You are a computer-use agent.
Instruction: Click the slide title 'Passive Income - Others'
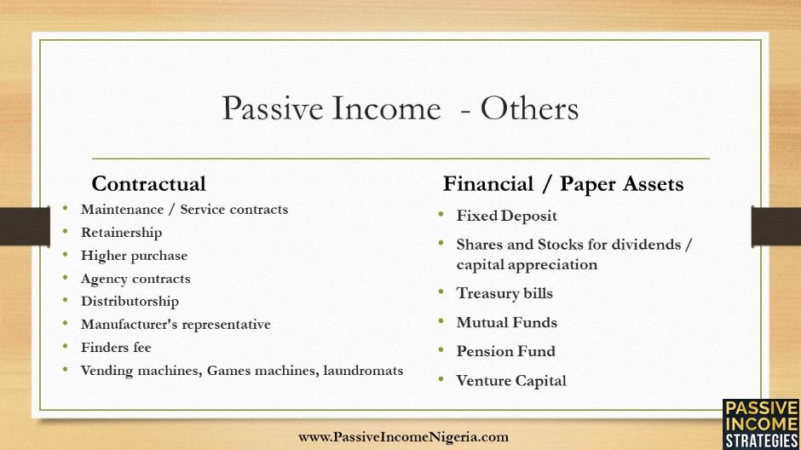tap(400, 109)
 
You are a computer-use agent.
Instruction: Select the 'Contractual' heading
tap(148, 184)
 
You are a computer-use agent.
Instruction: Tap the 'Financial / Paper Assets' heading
tap(563, 184)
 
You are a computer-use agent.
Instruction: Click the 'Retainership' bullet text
tap(122, 233)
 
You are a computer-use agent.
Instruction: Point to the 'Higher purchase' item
tap(135, 256)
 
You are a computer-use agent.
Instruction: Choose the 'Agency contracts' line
tap(135, 279)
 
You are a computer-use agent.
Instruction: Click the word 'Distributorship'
tap(130, 302)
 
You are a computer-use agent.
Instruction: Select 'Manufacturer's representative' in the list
tap(176, 325)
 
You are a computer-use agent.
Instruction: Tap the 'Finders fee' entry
tap(116, 348)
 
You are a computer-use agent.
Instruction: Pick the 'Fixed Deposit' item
tap(507, 216)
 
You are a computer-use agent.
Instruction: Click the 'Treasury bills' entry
tap(504, 293)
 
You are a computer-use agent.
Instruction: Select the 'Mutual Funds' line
tap(507, 322)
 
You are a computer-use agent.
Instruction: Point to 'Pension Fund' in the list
tap(505, 351)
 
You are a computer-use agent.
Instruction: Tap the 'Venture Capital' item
tap(511, 380)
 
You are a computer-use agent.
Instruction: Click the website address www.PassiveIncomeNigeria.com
tap(404, 437)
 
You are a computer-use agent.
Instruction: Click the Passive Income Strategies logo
tap(761, 424)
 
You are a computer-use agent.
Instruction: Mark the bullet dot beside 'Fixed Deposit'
tap(441, 215)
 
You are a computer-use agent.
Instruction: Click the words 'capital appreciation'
tap(527, 264)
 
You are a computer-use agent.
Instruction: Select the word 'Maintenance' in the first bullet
tap(122, 210)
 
